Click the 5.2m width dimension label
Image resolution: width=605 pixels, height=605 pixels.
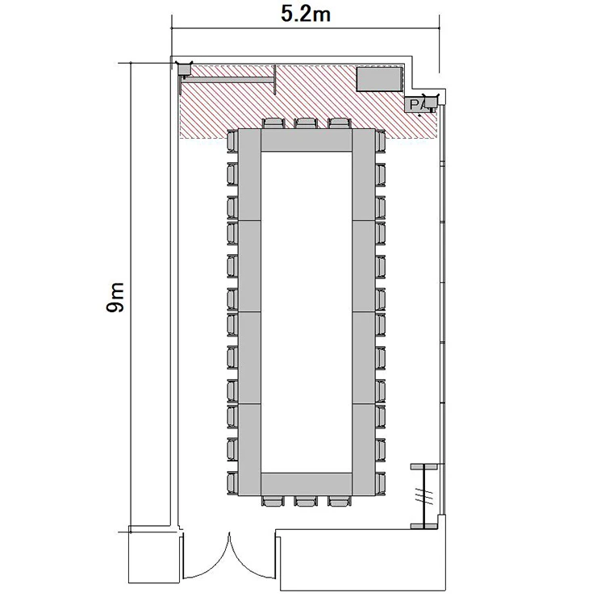(x=305, y=15)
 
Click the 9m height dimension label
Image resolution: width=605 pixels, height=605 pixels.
(x=115, y=297)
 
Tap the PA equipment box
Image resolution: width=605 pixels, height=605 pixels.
(x=417, y=104)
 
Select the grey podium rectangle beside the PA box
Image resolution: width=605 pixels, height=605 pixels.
(x=379, y=80)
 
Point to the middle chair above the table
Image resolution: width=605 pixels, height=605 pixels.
(x=306, y=123)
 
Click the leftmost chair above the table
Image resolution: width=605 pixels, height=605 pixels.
(x=273, y=123)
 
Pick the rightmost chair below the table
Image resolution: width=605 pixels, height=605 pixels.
(x=339, y=501)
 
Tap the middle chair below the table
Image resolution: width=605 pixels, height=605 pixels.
(x=306, y=501)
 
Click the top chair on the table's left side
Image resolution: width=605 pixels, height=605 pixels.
(x=232, y=142)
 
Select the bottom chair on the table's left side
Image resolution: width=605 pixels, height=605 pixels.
(x=232, y=483)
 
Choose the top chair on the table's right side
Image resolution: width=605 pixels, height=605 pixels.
(x=380, y=142)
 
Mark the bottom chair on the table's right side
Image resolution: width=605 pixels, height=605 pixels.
(x=380, y=483)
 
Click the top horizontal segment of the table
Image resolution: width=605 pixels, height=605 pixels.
(x=307, y=140)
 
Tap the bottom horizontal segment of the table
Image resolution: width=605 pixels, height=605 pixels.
(x=307, y=484)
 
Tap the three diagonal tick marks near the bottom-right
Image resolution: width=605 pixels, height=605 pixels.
(x=423, y=494)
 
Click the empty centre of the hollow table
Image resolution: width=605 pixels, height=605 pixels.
(x=307, y=311)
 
